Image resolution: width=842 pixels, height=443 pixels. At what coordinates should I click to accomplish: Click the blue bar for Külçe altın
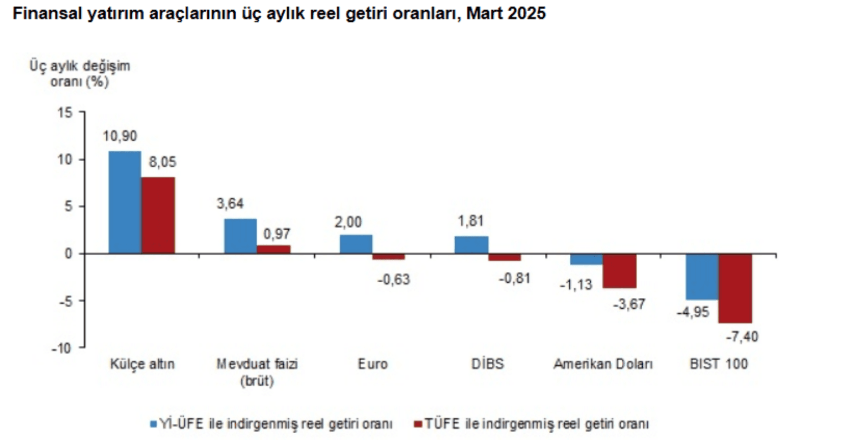(125, 202)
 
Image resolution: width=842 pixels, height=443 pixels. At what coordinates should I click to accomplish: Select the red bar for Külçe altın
(158, 215)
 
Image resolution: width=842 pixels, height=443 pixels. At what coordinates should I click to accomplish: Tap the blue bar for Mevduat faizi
(240, 236)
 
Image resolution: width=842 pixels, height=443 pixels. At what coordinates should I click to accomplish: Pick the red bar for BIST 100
(735, 288)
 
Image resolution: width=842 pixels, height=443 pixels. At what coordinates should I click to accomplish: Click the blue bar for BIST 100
(702, 276)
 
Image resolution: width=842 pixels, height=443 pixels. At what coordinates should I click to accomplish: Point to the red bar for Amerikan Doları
(619, 271)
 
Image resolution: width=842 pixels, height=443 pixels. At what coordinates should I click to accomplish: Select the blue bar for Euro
(356, 244)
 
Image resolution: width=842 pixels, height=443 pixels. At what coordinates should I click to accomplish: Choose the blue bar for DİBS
(471, 245)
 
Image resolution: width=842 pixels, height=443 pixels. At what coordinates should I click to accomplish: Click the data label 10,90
(120, 136)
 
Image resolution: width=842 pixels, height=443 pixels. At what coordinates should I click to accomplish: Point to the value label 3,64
(230, 203)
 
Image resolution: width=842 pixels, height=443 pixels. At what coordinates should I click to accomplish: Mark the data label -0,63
(394, 279)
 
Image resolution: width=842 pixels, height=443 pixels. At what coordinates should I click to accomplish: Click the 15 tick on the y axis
(65, 112)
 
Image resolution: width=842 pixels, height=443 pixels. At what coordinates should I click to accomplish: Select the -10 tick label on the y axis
(62, 348)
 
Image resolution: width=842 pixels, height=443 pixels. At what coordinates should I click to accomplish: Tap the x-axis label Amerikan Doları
(603, 364)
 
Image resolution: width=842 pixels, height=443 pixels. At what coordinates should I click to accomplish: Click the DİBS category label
(487, 364)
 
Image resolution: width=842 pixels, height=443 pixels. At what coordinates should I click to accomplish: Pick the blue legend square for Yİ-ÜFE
(154, 424)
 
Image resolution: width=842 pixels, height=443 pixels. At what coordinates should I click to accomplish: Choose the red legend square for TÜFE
(418, 424)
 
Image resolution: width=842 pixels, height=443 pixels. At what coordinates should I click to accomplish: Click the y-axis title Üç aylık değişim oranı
(80, 73)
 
